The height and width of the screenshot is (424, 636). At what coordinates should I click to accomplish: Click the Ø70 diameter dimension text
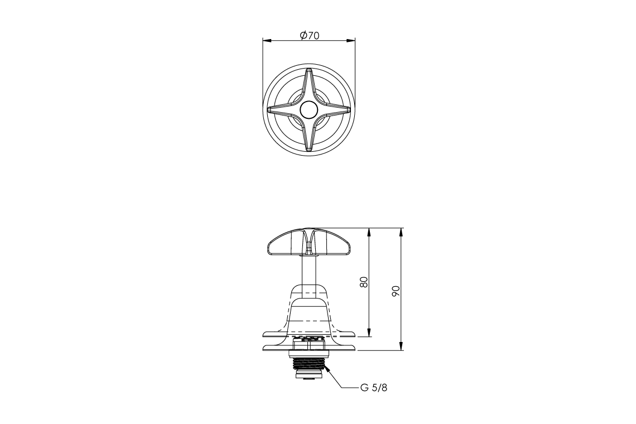coord(309,36)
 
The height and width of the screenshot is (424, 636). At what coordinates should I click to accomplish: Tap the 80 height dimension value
coord(364,282)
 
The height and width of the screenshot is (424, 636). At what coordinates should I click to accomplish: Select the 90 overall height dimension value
coord(396,290)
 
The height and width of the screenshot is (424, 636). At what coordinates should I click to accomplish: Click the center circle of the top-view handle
coord(308,110)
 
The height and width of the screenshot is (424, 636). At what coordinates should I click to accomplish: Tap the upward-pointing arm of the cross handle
coord(309,84)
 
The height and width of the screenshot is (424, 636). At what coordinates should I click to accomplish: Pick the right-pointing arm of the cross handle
coord(335,110)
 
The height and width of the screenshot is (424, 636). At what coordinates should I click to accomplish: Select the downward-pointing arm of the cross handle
coord(309,137)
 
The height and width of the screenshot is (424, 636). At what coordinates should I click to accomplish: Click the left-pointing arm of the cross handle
coord(282,110)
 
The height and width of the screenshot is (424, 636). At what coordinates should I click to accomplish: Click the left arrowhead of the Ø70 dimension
coord(267,40)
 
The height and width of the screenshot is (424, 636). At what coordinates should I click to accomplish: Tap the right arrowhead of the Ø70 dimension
coord(351,40)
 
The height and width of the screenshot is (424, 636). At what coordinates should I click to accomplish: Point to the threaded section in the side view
coord(309,365)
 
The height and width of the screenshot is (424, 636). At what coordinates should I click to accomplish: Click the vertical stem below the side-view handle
coord(309,271)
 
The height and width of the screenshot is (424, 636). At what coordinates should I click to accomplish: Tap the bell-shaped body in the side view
coord(309,312)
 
